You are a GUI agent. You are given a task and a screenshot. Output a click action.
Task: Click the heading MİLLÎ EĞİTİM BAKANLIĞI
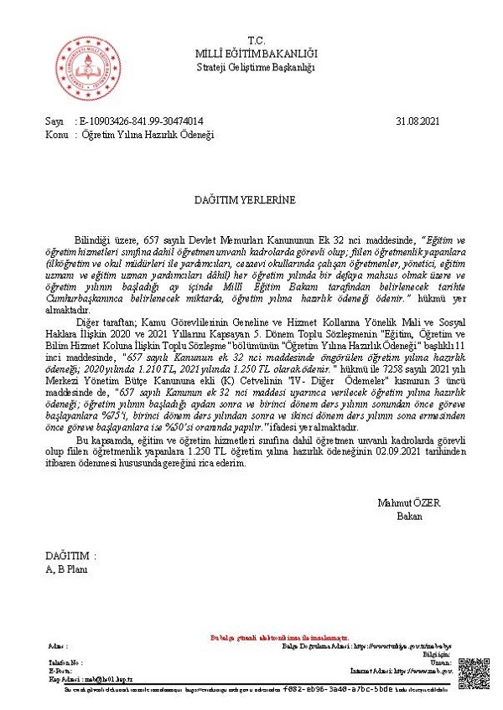[256, 54]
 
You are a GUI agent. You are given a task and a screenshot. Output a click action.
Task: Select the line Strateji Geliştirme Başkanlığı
[256, 67]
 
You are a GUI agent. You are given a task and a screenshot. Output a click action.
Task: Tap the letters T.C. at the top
[256, 40]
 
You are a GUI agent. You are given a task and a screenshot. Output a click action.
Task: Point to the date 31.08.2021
[417, 121]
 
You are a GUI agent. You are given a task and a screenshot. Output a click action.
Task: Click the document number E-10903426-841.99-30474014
[141, 121]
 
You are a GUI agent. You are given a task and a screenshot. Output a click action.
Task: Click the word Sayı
[54, 121]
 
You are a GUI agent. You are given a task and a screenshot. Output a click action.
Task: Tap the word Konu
[56, 134]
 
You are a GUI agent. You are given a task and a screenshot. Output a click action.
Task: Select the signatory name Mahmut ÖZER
[409, 502]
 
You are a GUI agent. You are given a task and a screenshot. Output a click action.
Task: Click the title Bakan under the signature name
[409, 515]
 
